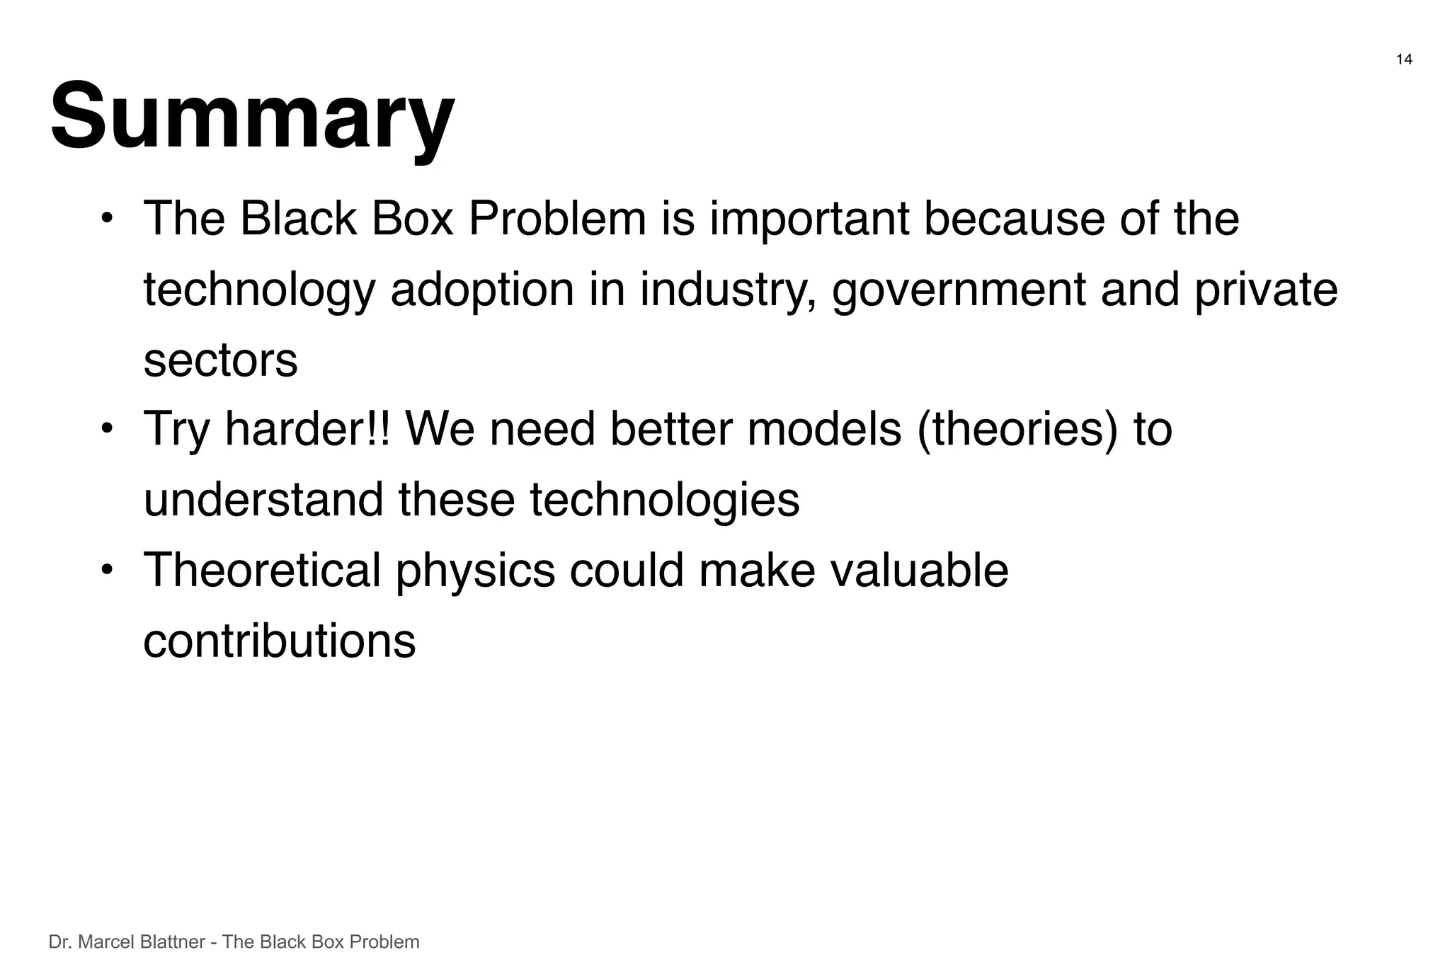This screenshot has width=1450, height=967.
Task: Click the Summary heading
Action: (x=252, y=117)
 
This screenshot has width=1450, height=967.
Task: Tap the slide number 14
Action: (x=1404, y=60)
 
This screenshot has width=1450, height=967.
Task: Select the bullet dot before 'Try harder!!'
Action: (x=106, y=429)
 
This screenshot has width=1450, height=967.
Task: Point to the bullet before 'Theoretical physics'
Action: (x=106, y=570)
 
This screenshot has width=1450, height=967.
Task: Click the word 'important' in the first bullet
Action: (x=809, y=219)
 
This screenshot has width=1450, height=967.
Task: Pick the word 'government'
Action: (x=959, y=290)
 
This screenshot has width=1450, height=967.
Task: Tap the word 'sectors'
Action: (x=220, y=360)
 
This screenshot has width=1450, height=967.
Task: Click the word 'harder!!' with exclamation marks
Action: (x=307, y=429)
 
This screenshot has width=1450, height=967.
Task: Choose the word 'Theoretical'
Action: (x=262, y=571)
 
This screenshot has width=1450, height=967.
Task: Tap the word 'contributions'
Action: (x=279, y=641)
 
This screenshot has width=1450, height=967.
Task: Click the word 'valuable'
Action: (x=919, y=571)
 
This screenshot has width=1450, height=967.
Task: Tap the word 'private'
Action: (x=1266, y=290)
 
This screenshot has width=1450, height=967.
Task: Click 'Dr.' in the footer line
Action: (x=59, y=942)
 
